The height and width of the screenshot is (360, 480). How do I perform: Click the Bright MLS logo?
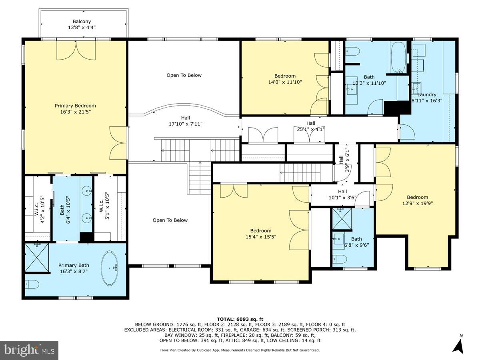[x=29, y=350]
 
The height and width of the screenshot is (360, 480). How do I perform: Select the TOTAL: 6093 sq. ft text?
[x=240, y=319]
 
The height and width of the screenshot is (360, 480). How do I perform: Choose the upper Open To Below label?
[x=184, y=75]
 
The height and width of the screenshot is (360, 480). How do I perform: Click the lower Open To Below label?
[x=170, y=220]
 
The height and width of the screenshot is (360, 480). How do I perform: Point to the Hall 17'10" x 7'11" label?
[x=185, y=121]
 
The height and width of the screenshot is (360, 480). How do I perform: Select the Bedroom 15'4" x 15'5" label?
[x=261, y=234]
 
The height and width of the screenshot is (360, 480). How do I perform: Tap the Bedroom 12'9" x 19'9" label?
[x=417, y=200]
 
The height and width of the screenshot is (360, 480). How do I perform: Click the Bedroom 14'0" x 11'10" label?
[x=285, y=79]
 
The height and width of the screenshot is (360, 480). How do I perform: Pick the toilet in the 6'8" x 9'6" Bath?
[x=340, y=259]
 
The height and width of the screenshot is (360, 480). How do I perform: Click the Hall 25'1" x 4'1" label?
[x=310, y=126]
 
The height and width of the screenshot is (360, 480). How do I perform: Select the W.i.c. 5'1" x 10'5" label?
[x=104, y=203]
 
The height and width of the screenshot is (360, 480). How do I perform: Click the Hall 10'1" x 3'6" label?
[x=342, y=194]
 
